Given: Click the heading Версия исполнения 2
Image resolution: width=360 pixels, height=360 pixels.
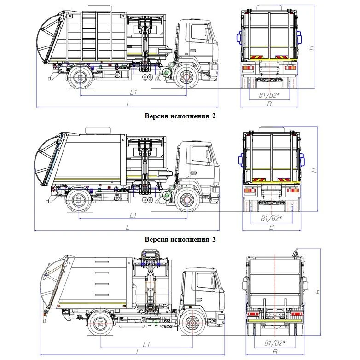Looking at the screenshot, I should [180, 116].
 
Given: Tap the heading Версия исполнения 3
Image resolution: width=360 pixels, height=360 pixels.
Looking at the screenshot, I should [180, 239].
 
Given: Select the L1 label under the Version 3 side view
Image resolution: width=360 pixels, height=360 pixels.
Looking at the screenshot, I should [147, 344].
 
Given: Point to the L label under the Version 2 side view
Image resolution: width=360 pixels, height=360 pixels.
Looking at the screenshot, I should [128, 227].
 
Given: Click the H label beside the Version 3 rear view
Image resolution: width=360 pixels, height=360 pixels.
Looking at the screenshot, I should [317, 292].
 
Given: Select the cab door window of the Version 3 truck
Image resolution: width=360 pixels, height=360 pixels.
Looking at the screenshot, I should [201, 281].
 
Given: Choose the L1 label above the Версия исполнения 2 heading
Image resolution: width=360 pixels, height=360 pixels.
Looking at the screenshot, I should [133, 92].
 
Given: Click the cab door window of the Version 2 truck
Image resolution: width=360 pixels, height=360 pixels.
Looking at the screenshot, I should [198, 153].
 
